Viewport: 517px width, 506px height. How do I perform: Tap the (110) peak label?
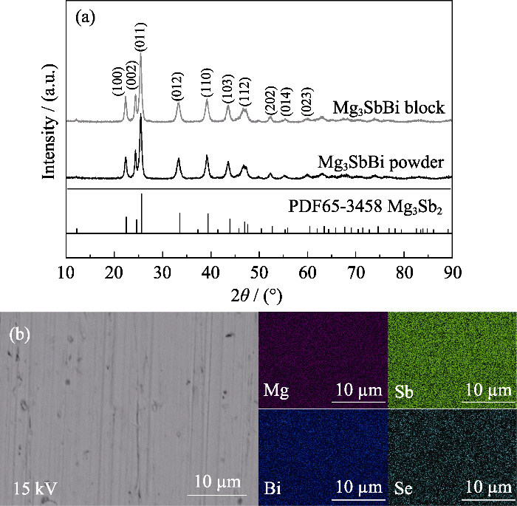(206, 84)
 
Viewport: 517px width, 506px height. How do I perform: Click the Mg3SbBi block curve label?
(388, 108)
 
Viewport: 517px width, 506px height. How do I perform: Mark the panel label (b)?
(19, 333)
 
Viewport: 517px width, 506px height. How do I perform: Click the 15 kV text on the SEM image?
(35, 487)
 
